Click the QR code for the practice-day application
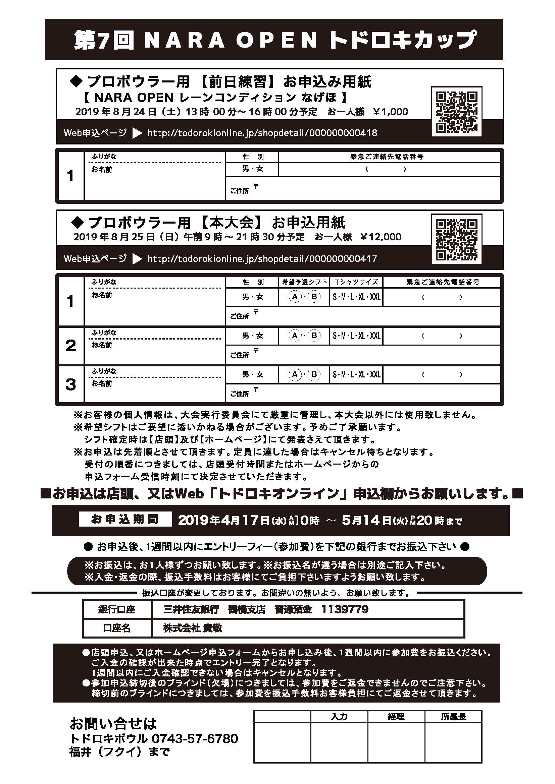[x=457, y=112]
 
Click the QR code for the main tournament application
[x=457, y=239]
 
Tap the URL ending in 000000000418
[x=262, y=133]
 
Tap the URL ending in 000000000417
[x=262, y=259]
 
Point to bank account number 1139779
[x=345, y=609]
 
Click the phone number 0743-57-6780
[x=195, y=739]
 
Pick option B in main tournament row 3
[x=314, y=375]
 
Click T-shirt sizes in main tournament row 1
[x=356, y=297]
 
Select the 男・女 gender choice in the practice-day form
[x=253, y=169]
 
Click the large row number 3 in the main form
[x=71, y=384]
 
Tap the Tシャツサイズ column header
[x=356, y=282]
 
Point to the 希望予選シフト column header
[x=304, y=282]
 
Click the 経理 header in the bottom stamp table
[x=396, y=717]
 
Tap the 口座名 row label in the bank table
[x=116, y=628]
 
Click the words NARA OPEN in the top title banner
[x=231, y=40]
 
